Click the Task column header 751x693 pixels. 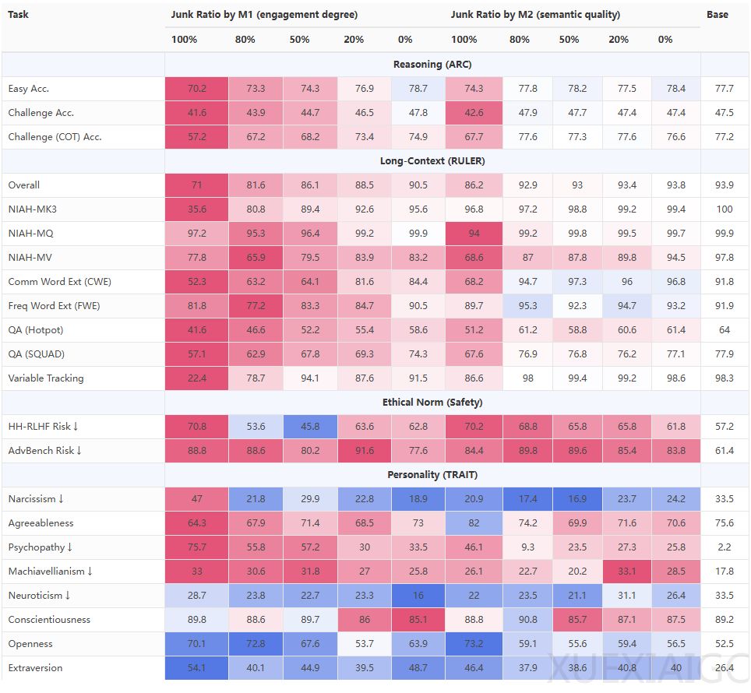point(18,14)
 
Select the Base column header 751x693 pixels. point(718,14)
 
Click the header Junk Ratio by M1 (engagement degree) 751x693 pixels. point(264,14)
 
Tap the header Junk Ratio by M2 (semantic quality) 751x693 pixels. point(535,14)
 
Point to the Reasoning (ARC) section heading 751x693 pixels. point(432,65)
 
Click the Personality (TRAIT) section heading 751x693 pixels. point(432,474)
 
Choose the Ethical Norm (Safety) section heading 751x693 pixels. point(432,403)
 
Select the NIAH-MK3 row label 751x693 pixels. point(33,209)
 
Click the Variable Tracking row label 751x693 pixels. point(46,378)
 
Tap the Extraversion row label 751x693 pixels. point(35,667)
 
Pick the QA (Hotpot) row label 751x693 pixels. point(36,329)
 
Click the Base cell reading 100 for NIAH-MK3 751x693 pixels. point(725,209)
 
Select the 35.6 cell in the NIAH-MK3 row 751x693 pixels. point(197,209)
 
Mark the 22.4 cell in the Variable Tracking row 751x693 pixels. point(197,378)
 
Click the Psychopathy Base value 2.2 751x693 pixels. point(725,547)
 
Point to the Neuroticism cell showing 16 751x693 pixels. point(418,595)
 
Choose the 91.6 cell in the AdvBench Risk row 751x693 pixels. point(364,450)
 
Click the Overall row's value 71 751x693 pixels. point(197,185)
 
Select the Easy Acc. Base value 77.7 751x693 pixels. point(725,89)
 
